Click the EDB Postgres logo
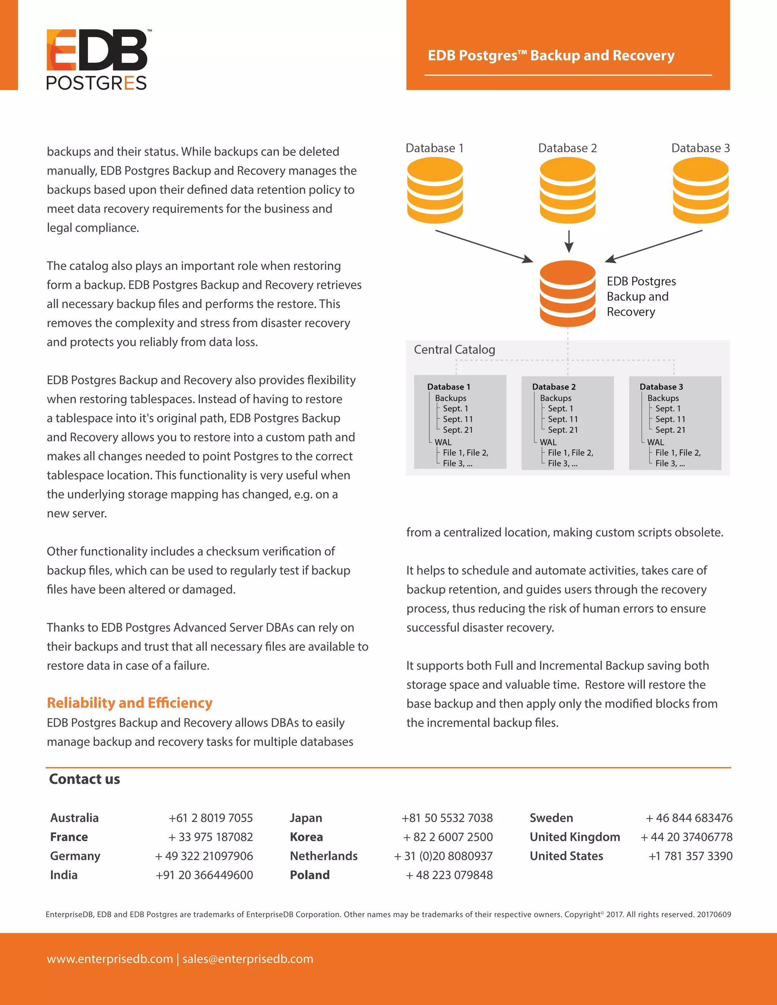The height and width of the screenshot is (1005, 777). click(x=97, y=59)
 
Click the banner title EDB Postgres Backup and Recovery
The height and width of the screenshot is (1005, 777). click(x=551, y=55)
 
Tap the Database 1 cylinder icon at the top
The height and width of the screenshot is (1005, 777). click(x=434, y=190)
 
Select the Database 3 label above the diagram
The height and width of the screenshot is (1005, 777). click(x=700, y=148)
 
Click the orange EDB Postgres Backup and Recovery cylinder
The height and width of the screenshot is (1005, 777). click(x=567, y=293)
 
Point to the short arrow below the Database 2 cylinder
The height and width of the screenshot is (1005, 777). click(x=569, y=241)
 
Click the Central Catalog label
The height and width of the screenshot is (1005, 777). click(x=454, y=350)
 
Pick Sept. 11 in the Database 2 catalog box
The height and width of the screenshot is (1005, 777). click(x=563, y=419)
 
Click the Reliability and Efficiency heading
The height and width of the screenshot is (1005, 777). click(x=129, y=703)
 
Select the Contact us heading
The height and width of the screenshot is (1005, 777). click(x=84, y=779)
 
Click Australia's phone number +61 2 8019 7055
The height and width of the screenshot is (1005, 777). click(x=210, y=818)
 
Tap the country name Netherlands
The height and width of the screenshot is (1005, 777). click(x=324, y=856)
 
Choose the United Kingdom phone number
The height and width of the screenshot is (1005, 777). click(x=686, y=837)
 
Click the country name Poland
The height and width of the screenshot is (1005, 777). click(x=310, y=875)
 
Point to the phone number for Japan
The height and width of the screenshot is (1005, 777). click(x=447, y=818)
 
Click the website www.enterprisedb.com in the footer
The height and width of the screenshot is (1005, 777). click(x=110, y=959)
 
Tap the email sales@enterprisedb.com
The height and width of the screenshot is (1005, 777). click(x=248, y=959)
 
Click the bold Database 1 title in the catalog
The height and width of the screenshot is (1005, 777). click(x=448, y=387)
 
